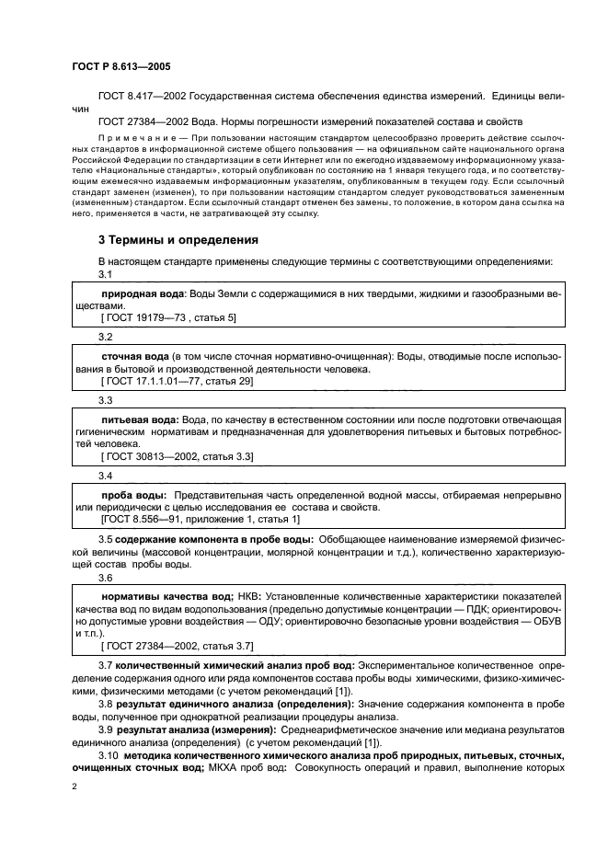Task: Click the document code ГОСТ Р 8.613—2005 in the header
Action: (x=118, y=67)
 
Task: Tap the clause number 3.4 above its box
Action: (x=106, y=476)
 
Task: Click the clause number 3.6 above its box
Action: (x=106, y=577)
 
